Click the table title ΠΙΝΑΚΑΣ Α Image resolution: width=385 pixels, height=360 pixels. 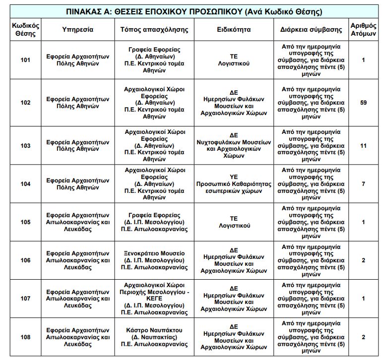193,11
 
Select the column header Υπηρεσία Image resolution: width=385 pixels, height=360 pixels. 77,30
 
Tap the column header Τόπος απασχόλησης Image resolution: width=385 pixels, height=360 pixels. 154,30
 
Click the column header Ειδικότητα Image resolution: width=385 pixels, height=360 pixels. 234,30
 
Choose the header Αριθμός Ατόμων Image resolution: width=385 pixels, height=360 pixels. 363,30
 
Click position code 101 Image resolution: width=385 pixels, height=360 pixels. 25,60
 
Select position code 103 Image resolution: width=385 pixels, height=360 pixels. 25,146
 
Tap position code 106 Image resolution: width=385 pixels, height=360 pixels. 25,260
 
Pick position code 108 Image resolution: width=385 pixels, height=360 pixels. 25,337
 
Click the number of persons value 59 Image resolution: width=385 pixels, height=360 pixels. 363,103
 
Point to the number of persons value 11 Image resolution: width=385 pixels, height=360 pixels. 363,146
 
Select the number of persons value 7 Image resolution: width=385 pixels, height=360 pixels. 363,184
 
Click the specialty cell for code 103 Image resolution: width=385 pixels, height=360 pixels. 234,146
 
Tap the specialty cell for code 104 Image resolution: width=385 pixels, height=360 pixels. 234,184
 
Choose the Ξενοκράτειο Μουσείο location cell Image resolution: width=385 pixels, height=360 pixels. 154,260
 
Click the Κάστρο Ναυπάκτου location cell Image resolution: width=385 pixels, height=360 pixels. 154,337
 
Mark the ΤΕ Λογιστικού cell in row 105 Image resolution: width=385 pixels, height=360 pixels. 234,222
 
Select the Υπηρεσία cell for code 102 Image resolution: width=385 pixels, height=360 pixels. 77,103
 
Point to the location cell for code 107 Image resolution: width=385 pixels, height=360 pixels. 154,299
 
